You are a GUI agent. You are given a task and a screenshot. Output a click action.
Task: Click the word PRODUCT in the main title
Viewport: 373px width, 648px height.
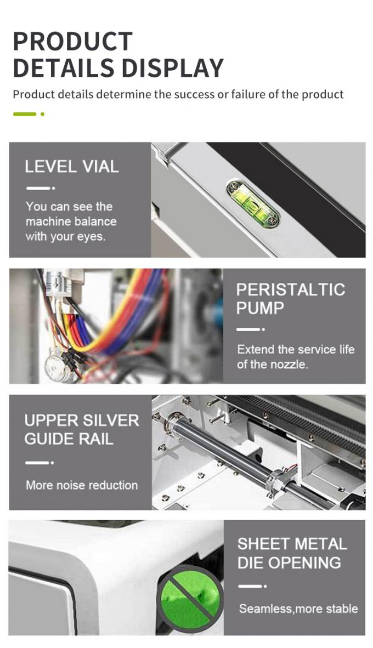coord(72,42)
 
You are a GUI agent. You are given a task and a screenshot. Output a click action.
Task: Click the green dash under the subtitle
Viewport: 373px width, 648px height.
coord(25,114)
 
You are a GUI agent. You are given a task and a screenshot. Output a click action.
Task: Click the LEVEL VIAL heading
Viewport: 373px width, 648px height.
coord(71,167)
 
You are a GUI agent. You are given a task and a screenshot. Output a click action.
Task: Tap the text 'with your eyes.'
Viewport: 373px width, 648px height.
coord(65,236)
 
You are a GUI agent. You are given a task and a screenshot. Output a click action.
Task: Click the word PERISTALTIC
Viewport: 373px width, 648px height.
coord(290,289)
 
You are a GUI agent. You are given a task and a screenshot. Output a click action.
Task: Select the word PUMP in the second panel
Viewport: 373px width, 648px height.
coord(260,308)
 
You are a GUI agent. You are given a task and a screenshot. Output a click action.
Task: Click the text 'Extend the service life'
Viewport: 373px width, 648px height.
coord(295,349)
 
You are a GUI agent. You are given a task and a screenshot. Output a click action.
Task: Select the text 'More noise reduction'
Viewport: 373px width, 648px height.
coord(81,485)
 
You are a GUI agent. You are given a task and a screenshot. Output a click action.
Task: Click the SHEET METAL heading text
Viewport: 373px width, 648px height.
coord(292,544)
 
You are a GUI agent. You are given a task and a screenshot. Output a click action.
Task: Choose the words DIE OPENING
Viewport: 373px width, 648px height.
coord(289,562)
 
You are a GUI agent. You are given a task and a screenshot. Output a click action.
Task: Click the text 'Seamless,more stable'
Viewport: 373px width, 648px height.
coord(298,609)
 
